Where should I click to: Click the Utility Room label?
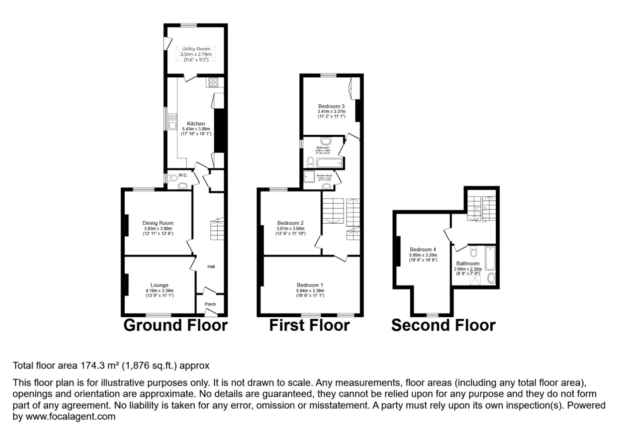[196, 49]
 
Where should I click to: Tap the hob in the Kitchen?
[213, 82]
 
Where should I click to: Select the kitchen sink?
[172, 122]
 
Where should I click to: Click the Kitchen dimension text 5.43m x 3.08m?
[196, 129]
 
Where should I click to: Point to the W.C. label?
[183, 175]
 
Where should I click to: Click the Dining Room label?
[158, 223]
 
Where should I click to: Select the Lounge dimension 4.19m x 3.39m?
[160, 290]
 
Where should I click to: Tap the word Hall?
[211, 267]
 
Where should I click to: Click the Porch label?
[210, 304]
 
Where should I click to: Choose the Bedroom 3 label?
[331, 106]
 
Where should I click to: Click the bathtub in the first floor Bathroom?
[329, 163]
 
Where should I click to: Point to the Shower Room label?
[324, 176]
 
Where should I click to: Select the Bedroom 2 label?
[290, 223]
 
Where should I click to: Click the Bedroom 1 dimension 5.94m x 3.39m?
[310, 290]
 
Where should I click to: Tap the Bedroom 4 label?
[423, 249]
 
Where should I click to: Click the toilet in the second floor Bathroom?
[473, 251]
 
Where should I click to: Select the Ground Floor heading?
[175, 325]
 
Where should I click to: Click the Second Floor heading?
[443, 325]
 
